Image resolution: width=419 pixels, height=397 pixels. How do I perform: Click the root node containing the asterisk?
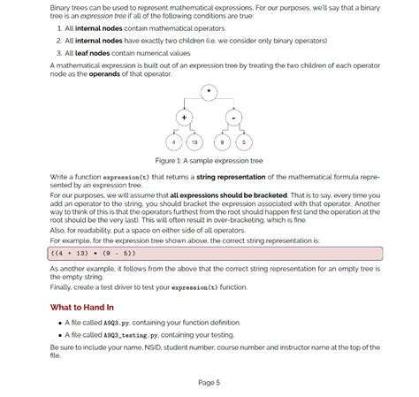tap(209, 92)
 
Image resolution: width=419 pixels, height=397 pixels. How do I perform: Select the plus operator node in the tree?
tap(184, 118)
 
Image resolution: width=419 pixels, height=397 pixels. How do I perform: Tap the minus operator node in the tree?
tap(233, 118)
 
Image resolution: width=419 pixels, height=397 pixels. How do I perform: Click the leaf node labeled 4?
tap(173, 142)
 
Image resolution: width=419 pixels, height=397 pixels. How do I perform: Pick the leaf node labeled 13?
tap(195, 142)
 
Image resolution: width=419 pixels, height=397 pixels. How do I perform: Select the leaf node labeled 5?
tap(244, 142)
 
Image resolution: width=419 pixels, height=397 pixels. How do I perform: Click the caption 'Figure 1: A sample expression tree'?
tap(209, 161)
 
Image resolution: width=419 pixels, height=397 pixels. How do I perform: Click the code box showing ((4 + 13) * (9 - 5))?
tap(215, 253)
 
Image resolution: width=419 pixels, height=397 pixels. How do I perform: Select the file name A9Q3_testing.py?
tap(129, 336)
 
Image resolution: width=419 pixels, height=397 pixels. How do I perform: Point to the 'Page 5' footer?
tap(209, 382)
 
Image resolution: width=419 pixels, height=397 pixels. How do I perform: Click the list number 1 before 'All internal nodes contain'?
tap(58, 28)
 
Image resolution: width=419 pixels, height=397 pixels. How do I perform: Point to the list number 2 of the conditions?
tap(58, 41)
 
